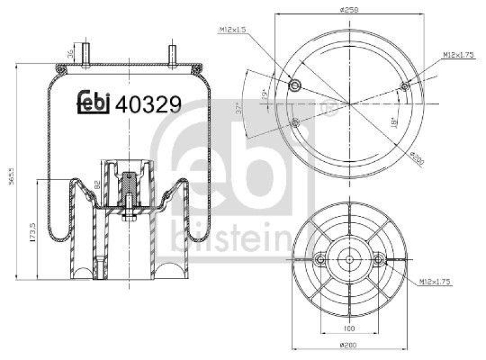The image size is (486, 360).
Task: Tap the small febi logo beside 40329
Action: click(x=94, y=102)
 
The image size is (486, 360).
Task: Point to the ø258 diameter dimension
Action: click(x=348, y=9)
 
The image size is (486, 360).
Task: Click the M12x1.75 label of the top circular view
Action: click(x=457, y=55)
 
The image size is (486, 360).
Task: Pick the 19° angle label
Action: click(x=265, y=95)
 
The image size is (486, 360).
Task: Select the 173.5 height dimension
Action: click(x=32, y=231)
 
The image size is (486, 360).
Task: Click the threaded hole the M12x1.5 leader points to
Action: click(x=295, y=85)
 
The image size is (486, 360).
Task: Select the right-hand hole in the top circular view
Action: click(x=405, y=88)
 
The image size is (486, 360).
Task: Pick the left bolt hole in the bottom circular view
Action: click(x=320, y=260)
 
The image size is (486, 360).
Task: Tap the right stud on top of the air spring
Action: click(x=172, y=56)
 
